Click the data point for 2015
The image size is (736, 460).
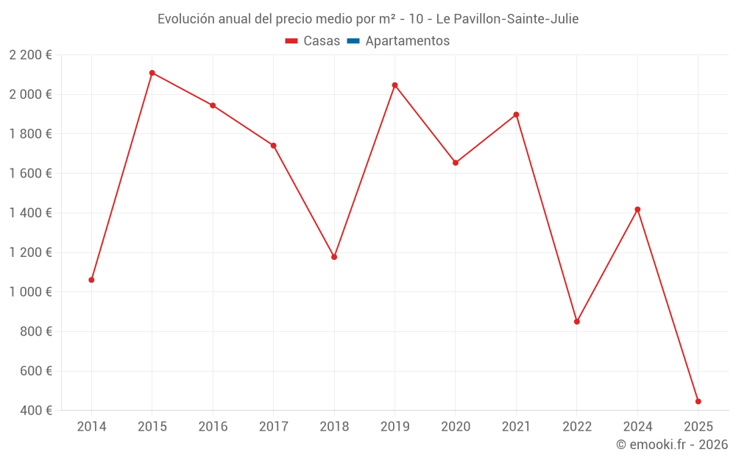pos(152,73)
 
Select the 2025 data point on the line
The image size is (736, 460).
pos(698,402)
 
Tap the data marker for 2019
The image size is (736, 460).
pos(394,85)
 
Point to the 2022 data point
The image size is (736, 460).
pos(577,322)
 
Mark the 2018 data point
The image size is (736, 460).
pos(334,257)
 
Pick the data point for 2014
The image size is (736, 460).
pos(91,280)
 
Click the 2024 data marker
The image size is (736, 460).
pos(637,210)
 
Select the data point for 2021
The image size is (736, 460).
pos(516,115)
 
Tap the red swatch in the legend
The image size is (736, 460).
pos(291,41)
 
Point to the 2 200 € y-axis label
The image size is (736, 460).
pos(30,55)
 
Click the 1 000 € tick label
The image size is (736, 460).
pos(30,292)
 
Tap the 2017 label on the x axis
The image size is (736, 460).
pos(273,427)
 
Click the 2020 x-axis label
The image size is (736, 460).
pos(456,427)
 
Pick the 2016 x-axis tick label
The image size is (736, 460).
pos(213,427)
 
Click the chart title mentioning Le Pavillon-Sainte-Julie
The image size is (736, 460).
pos(368,19)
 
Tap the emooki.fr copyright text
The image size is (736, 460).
pos(671,445)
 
